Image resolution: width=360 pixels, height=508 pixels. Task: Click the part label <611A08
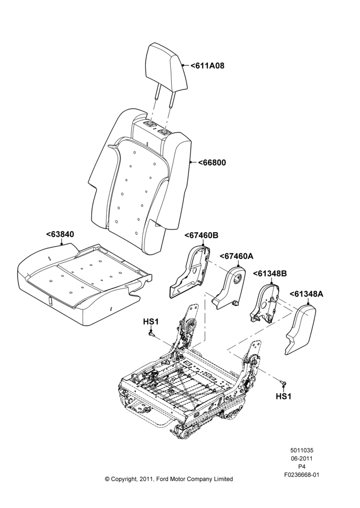pyautogui.click(x=207, y=66)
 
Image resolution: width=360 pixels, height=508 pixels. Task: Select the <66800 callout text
pyautogui.click(x=212, y=163)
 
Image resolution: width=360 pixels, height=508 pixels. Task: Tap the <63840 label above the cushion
pyautogui.click(x=60, y=234)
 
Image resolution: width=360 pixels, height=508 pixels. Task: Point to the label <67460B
pyautogui.click(x=201, y=236)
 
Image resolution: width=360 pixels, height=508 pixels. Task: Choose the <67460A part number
pyautogui.click(x=236, y=256)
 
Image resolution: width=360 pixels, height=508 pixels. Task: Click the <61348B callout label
pyautogui.click(x=270, y=274)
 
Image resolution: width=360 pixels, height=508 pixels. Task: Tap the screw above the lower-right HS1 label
pyautogui.click(x=284, y=384)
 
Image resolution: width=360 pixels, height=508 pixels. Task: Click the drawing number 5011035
pyautogui.click(x=302, y=450)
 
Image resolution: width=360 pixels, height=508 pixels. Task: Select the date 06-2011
pyautogui.click(x=302, y=458)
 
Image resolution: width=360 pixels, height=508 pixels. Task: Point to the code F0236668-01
pyautogui.click(x=302, y=475)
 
